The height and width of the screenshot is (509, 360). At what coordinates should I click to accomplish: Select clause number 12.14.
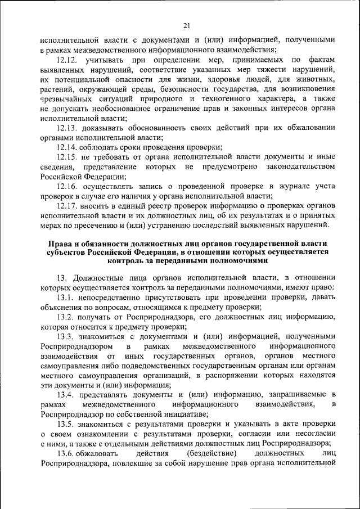(69, 147)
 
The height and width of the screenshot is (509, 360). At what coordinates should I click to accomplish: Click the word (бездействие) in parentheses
(206, 453)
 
